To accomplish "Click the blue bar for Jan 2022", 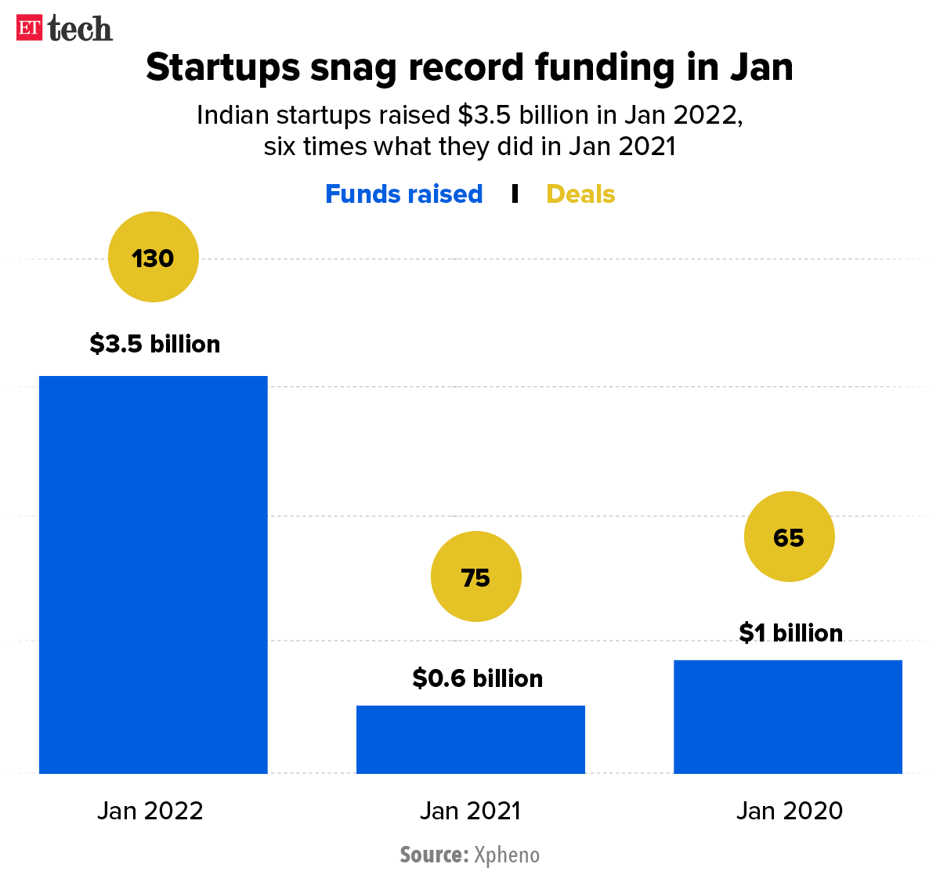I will (154, 574).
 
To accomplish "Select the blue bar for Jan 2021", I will (470, 739).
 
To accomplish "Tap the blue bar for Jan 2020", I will (787, 717).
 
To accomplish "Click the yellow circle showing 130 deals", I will (153, 257).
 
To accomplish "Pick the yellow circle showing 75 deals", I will (475, 577).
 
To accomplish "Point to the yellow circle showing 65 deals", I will (789, 537).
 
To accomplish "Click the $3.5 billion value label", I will (155, 344).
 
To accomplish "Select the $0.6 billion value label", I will (478, 678).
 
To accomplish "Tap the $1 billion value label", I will (791, 632).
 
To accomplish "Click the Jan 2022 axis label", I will (150, 810).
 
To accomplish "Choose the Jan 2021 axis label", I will (470, 810).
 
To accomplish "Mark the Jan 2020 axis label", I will (790, 810).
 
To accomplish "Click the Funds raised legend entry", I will (403, 193).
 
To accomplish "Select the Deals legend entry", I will (580, 193).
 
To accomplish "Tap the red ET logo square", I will (29, 28).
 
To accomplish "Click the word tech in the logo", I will (80, 29).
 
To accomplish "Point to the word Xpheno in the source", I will (507, 854).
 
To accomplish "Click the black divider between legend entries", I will (515, 193).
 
